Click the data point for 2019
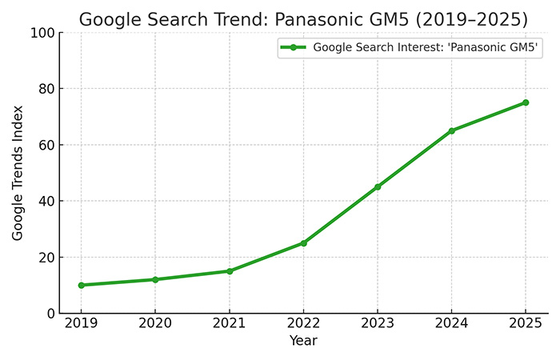pos(81,285)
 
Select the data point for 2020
pos(155,279)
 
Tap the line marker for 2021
pos(229,271)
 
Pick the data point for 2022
pos(303,243)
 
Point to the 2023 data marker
pos(378,187)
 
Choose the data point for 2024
pos(451,130)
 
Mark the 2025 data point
pos(526,102)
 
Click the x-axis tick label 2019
pos(81,325)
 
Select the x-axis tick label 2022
pos(303,325)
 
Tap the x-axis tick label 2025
pos(526,325)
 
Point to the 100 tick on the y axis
pos(42,33)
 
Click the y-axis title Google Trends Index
pos(18,173)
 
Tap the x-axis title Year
pos(303,342)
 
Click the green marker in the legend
pos(294,48)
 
